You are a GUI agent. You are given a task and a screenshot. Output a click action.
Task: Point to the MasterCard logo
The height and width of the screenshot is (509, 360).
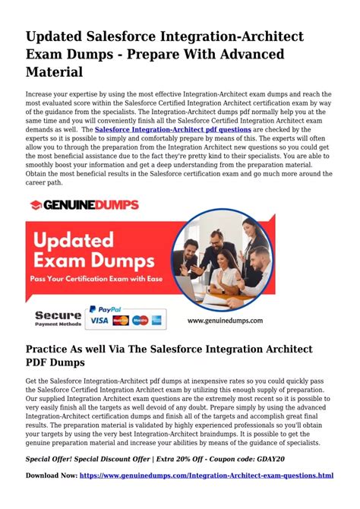pyautogui.click(x=120, y=321)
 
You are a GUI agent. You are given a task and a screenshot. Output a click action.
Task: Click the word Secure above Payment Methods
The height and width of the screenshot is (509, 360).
pyautogui.click(x=57, y=314)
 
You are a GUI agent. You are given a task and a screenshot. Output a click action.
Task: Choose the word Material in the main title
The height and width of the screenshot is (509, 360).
pyautogui.click(x=55, y=71)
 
